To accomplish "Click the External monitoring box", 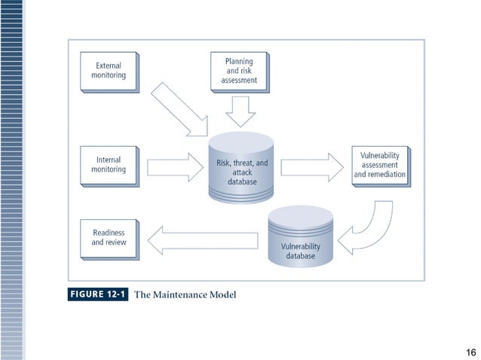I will (x=109, y=71).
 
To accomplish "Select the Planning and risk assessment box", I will (x=238, y=71).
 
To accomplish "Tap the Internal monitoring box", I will (x=109, y=165).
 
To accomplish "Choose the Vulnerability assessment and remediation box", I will (x=380, y=165).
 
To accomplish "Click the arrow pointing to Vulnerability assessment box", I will (x=311, y=166).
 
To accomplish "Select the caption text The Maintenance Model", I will (x=185, y=294).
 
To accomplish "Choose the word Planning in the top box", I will (x=238, y=61).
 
